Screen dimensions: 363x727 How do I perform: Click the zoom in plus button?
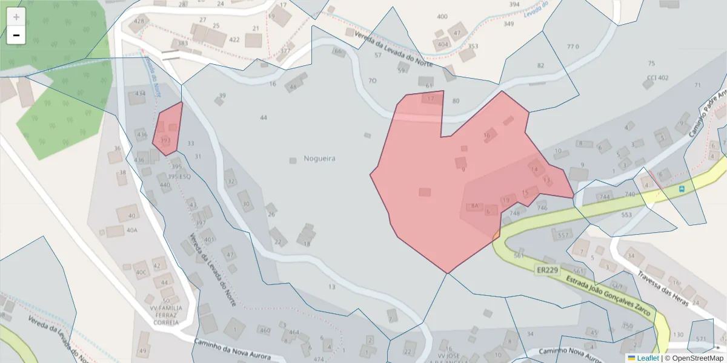(16, 17)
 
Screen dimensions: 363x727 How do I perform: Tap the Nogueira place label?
(320, 159)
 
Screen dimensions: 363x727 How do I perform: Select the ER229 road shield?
(547, 270)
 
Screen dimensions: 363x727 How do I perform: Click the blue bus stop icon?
(683, 189)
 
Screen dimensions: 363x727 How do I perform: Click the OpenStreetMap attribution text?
(694, 358)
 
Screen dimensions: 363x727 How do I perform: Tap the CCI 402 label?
(657, 78)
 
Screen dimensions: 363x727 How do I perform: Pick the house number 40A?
(132, 230)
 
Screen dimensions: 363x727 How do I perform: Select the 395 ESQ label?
(179, 177)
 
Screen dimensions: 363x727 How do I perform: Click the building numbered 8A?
(475, 206)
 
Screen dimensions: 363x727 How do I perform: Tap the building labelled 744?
(605, 197)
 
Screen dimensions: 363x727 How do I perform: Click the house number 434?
(141, 94)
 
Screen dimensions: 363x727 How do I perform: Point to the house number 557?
(563, 235)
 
